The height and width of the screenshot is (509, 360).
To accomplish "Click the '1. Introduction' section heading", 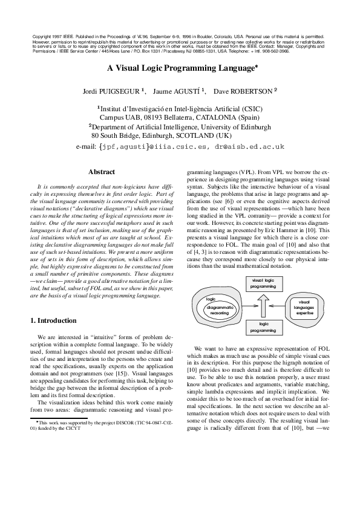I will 54,320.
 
